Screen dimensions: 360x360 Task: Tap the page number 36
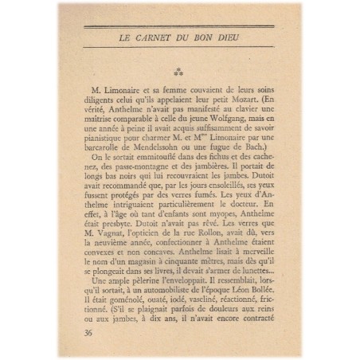point(88,332)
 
